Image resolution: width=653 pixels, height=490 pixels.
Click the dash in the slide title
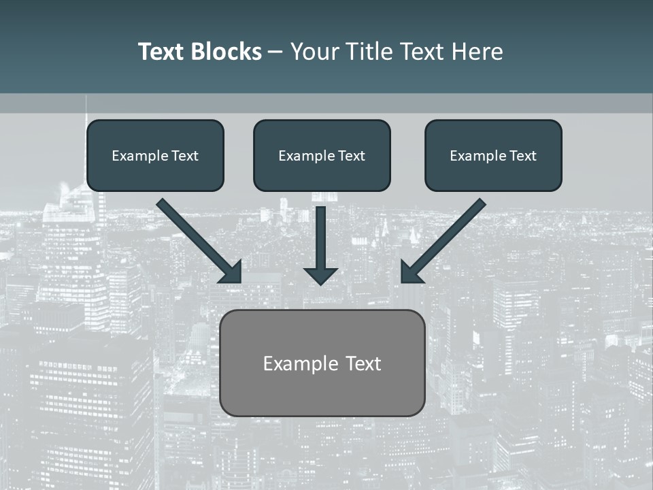click(x=275, y=52)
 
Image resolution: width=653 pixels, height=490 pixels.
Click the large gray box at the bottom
click(x=322, y=395)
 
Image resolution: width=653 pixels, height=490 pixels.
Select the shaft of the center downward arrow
click(x=320, y=235)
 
